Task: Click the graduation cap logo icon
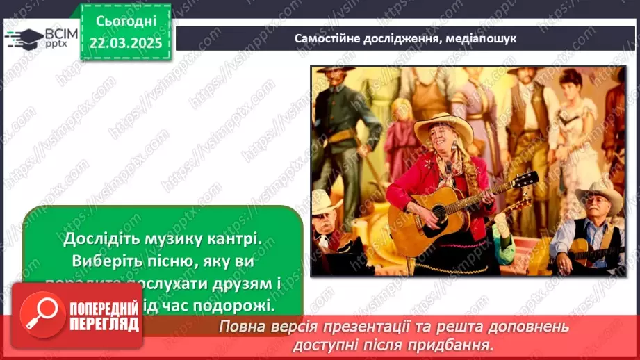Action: pyautogui.click(x=23, y=38)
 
